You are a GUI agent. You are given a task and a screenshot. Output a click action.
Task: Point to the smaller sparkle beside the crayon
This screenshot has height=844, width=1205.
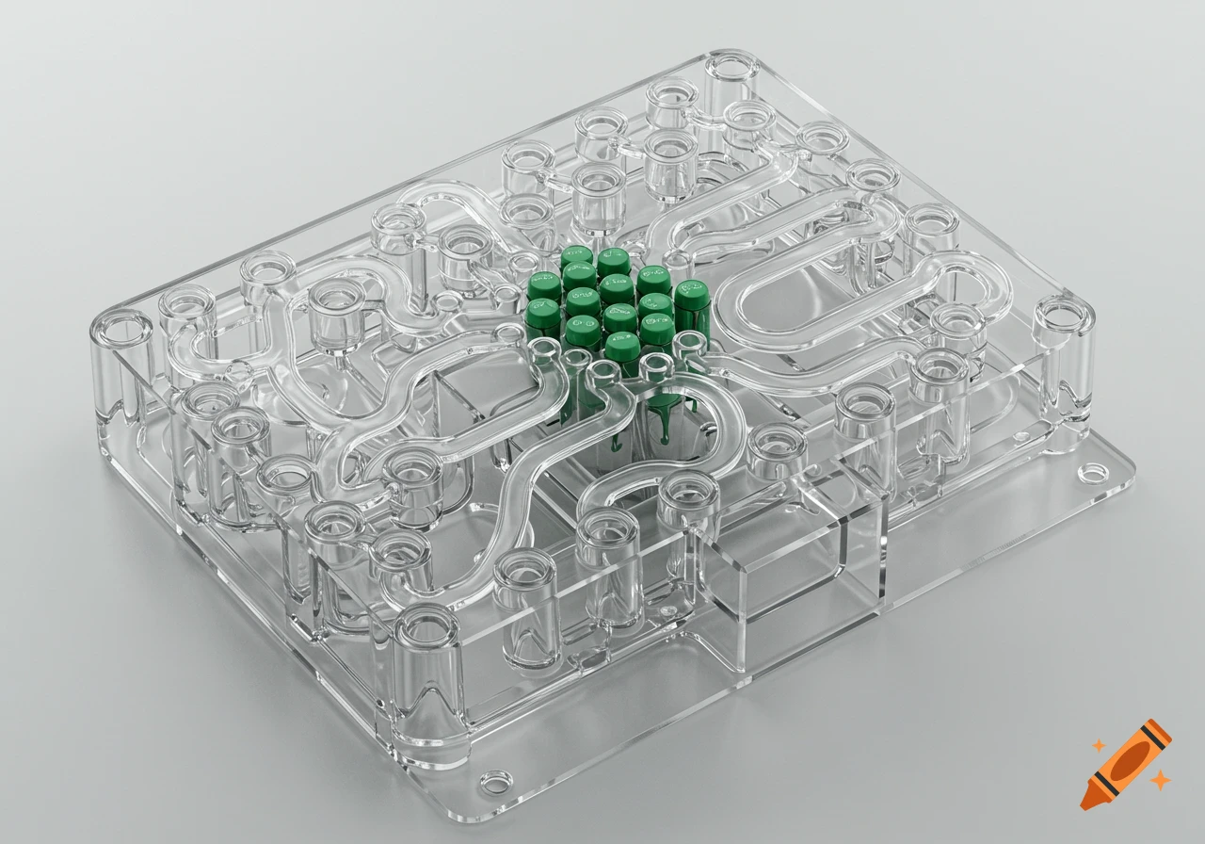click(1098, 745)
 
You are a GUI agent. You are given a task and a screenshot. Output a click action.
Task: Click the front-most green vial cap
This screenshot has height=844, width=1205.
click(621, 347)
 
